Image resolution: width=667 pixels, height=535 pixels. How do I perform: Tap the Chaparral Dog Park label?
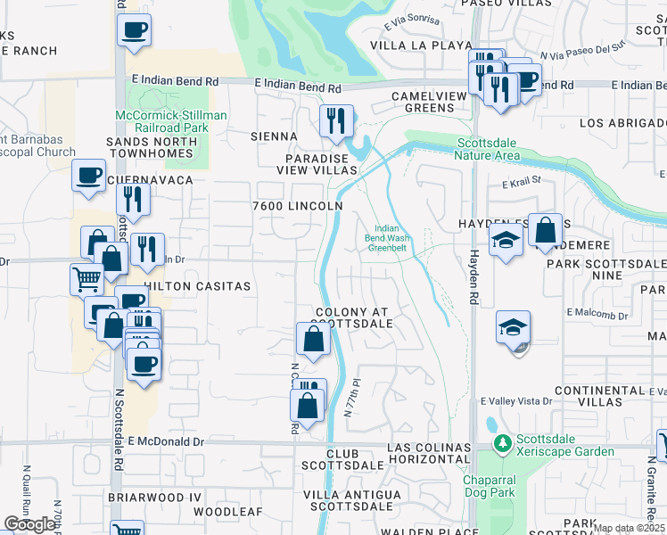(490, 486)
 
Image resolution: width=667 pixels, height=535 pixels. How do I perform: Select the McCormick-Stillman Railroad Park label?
(171, 121)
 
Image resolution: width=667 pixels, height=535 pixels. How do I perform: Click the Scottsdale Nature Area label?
(489, 149)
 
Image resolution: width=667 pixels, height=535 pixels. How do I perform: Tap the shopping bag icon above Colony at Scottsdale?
(313, 339)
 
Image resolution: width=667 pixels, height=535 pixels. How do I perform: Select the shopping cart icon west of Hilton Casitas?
(86, 279)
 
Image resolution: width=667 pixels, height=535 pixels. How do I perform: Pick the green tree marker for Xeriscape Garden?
(503, 442)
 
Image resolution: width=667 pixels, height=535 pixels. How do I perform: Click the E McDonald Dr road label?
(166, 441)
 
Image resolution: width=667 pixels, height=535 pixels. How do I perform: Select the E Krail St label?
(522, 182)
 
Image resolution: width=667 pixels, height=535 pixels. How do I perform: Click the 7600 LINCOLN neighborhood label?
(297, 206)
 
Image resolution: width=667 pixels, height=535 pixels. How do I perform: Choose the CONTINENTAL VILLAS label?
(598, 397)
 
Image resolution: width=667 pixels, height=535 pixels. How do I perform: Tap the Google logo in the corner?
(29, 524)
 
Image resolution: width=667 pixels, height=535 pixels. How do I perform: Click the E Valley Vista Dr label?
(516, 402)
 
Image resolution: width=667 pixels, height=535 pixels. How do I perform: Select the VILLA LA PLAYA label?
(408, 45)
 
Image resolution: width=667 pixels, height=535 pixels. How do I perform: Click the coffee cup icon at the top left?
(134, 29)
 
